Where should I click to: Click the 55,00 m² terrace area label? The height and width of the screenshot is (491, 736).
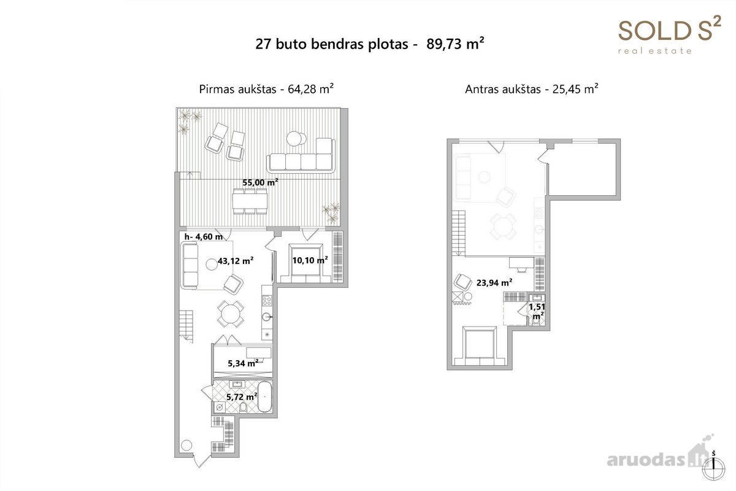click(x=260, y=182)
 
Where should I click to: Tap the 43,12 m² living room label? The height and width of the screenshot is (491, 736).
click(x=236, y=261)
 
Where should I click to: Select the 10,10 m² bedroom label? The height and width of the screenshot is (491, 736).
click(x=310, y=260)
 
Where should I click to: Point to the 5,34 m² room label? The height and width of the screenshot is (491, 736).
click(x=243, y=363)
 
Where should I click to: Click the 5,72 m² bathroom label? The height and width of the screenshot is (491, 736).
click(x=242, y=396)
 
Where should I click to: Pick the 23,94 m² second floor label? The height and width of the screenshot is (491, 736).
click(x=494, y=282)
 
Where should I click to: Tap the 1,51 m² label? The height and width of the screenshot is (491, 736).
click(x=537, y=311)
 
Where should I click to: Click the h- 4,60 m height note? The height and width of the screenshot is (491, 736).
click(x=204, y=236)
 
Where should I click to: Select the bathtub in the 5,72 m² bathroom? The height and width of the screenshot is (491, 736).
click(x=265, y=396)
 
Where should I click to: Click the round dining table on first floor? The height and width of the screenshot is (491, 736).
click(x=231, y=314)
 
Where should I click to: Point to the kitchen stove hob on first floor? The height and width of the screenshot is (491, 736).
click(x=267, y=300)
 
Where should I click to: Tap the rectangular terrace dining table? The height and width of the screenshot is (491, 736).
click(x=250, y=201)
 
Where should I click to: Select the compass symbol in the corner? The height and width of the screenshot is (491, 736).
click(x=713, y=468)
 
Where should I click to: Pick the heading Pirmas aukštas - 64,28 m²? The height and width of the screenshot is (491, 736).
click(x=266, y=89)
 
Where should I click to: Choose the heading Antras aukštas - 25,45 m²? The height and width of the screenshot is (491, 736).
click(x=531, y=89)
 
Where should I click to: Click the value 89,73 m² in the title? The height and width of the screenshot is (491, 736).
click(x=455, y=44)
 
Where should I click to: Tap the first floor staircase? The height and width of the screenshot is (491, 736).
click(x=186, y=327)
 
